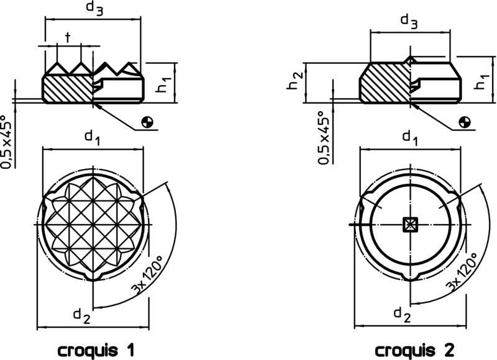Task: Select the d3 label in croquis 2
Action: (x=409, y=21)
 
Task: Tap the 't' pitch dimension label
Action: (x=68, y=37)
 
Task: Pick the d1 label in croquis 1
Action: (x=91, y=140)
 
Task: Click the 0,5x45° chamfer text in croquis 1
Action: (x=7, y=142)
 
